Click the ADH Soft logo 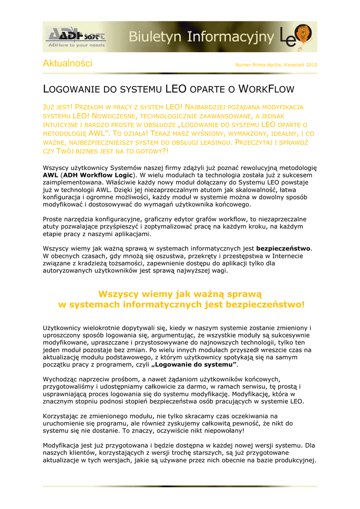[x=76, y=36]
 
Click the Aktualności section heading [x=68, y=64]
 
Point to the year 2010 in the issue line [x=311, y=65]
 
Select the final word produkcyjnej [x=293, y=460]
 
